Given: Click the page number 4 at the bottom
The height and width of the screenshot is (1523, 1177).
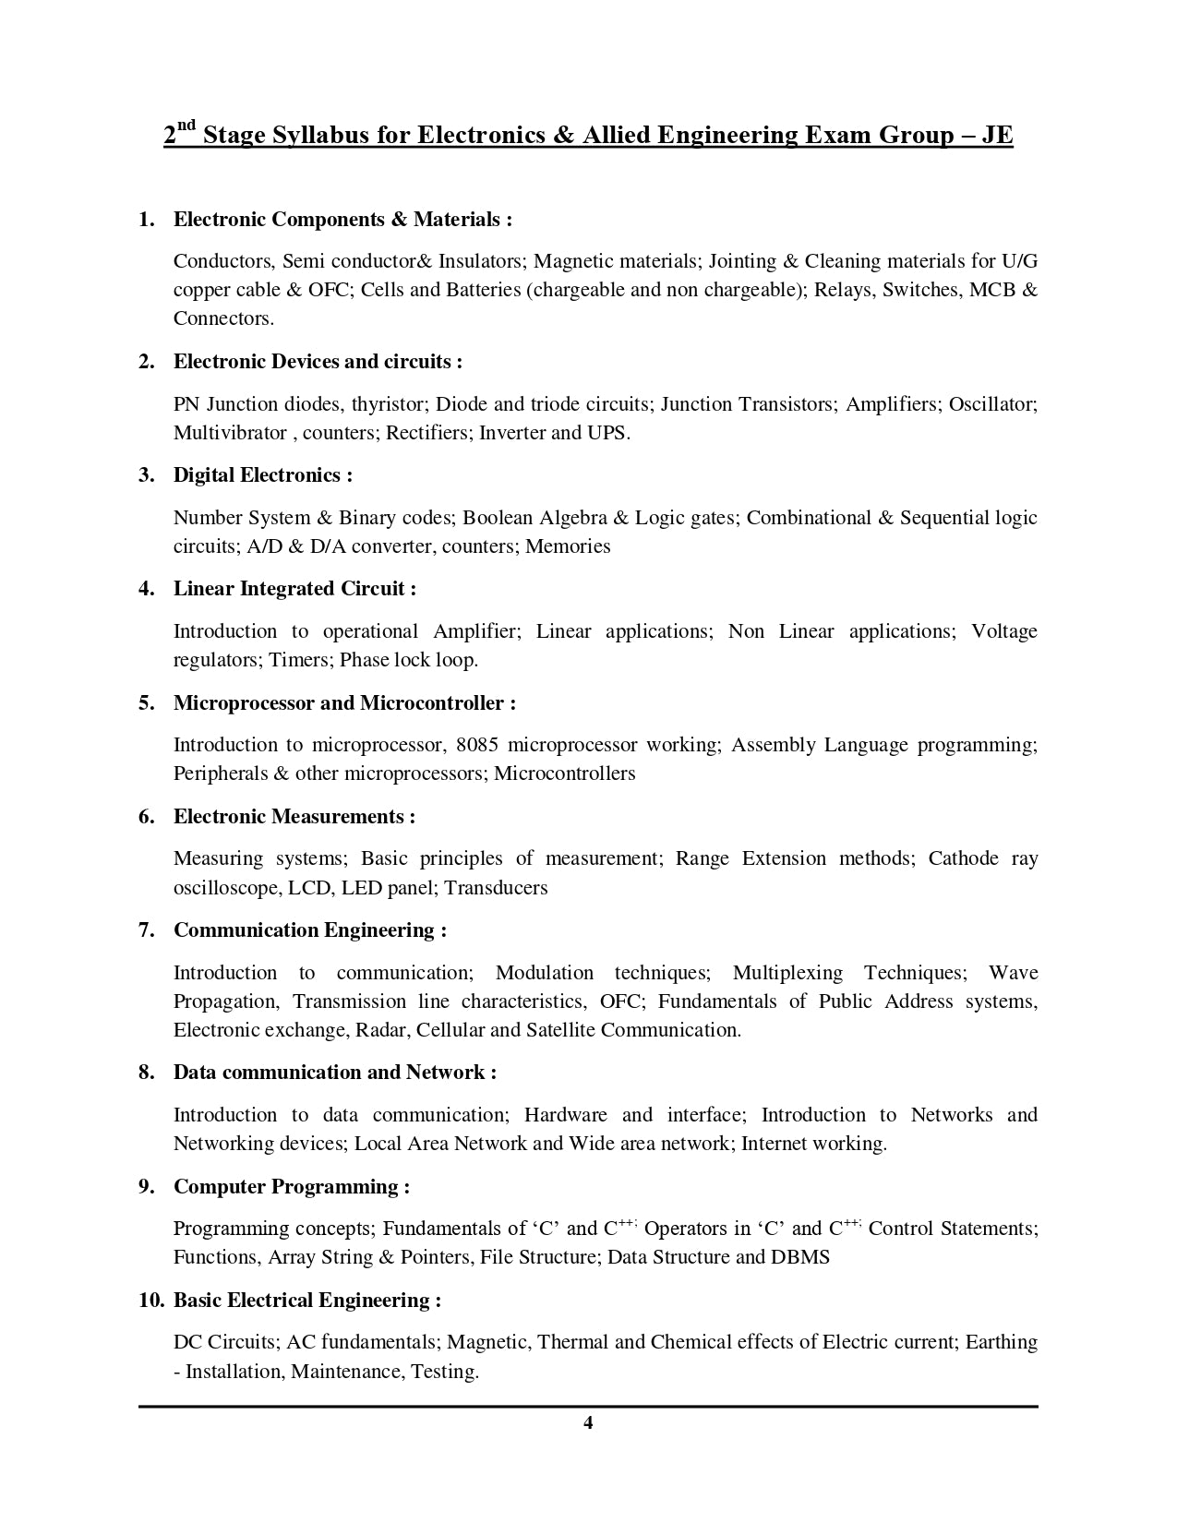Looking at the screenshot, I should (588, 1422).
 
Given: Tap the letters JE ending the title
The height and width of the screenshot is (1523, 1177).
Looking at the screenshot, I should (996, 135).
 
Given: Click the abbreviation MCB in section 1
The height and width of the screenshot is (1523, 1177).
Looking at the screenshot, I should (993, 290).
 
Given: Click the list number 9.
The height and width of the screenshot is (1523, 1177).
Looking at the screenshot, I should (145, 1186).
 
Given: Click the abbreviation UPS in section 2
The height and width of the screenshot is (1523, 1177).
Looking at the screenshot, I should (607, 432).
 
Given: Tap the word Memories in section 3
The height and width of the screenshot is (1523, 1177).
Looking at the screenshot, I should (568, 546).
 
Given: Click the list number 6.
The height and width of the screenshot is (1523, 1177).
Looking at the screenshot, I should (145, 816).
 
